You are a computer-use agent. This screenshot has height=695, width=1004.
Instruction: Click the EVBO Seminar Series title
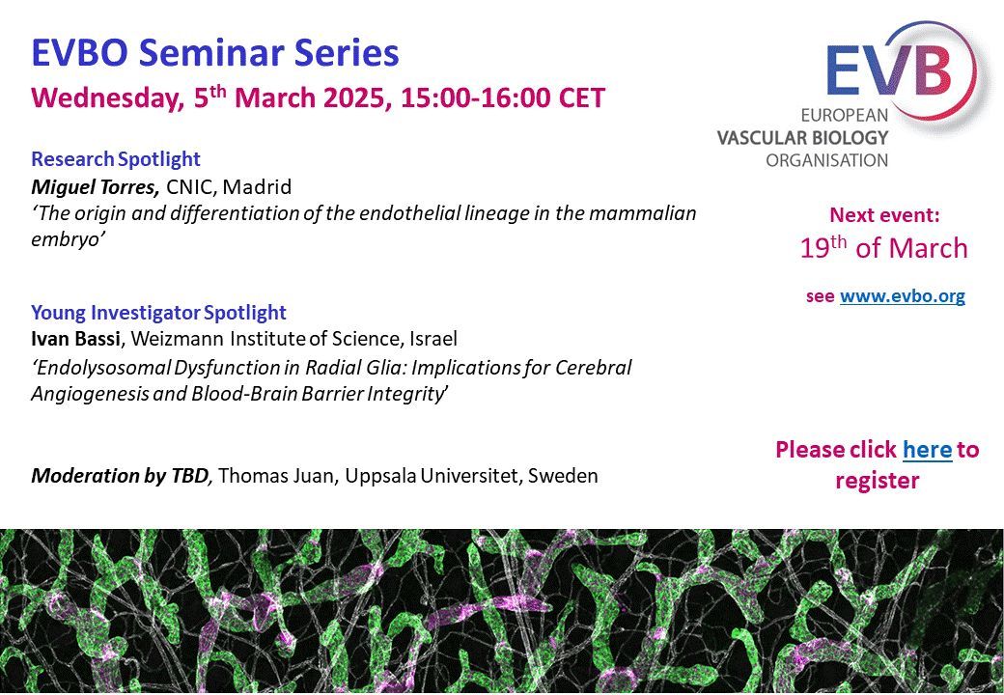pyautogui.click(x=215, y=52)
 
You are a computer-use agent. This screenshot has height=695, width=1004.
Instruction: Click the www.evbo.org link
pyautogui.click(x=903, y=296)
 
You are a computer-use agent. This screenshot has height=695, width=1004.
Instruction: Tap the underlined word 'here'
pyautogui.click(x=927, y=449)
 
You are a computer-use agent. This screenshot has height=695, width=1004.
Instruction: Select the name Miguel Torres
pyautogui.click(x=96, y=187)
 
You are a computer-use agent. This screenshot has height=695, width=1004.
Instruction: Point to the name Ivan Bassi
pyautogui.click(x=75, y=338)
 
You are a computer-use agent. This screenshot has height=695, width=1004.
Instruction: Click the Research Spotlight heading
pyautogui.click(x=116, y=158)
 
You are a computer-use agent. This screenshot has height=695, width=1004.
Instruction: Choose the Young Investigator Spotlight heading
pyautogui.click(x=158, y=313)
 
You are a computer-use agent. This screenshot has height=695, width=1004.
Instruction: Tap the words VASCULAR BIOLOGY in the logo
pyautogui.click(x=802, y=138)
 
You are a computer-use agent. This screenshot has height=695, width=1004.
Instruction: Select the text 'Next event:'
pyautogui.click(x=884, y=215)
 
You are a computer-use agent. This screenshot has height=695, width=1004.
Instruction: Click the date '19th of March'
pyautogui.click(x=883, y=248)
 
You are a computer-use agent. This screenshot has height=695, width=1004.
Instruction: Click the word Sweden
pyautogui.click(x=563, y=476)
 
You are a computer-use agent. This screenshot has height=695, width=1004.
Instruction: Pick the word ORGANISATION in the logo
pyautogui.click(x=827, y=160)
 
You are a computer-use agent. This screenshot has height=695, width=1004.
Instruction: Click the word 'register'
pyautogui.click(x=878, y=480)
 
